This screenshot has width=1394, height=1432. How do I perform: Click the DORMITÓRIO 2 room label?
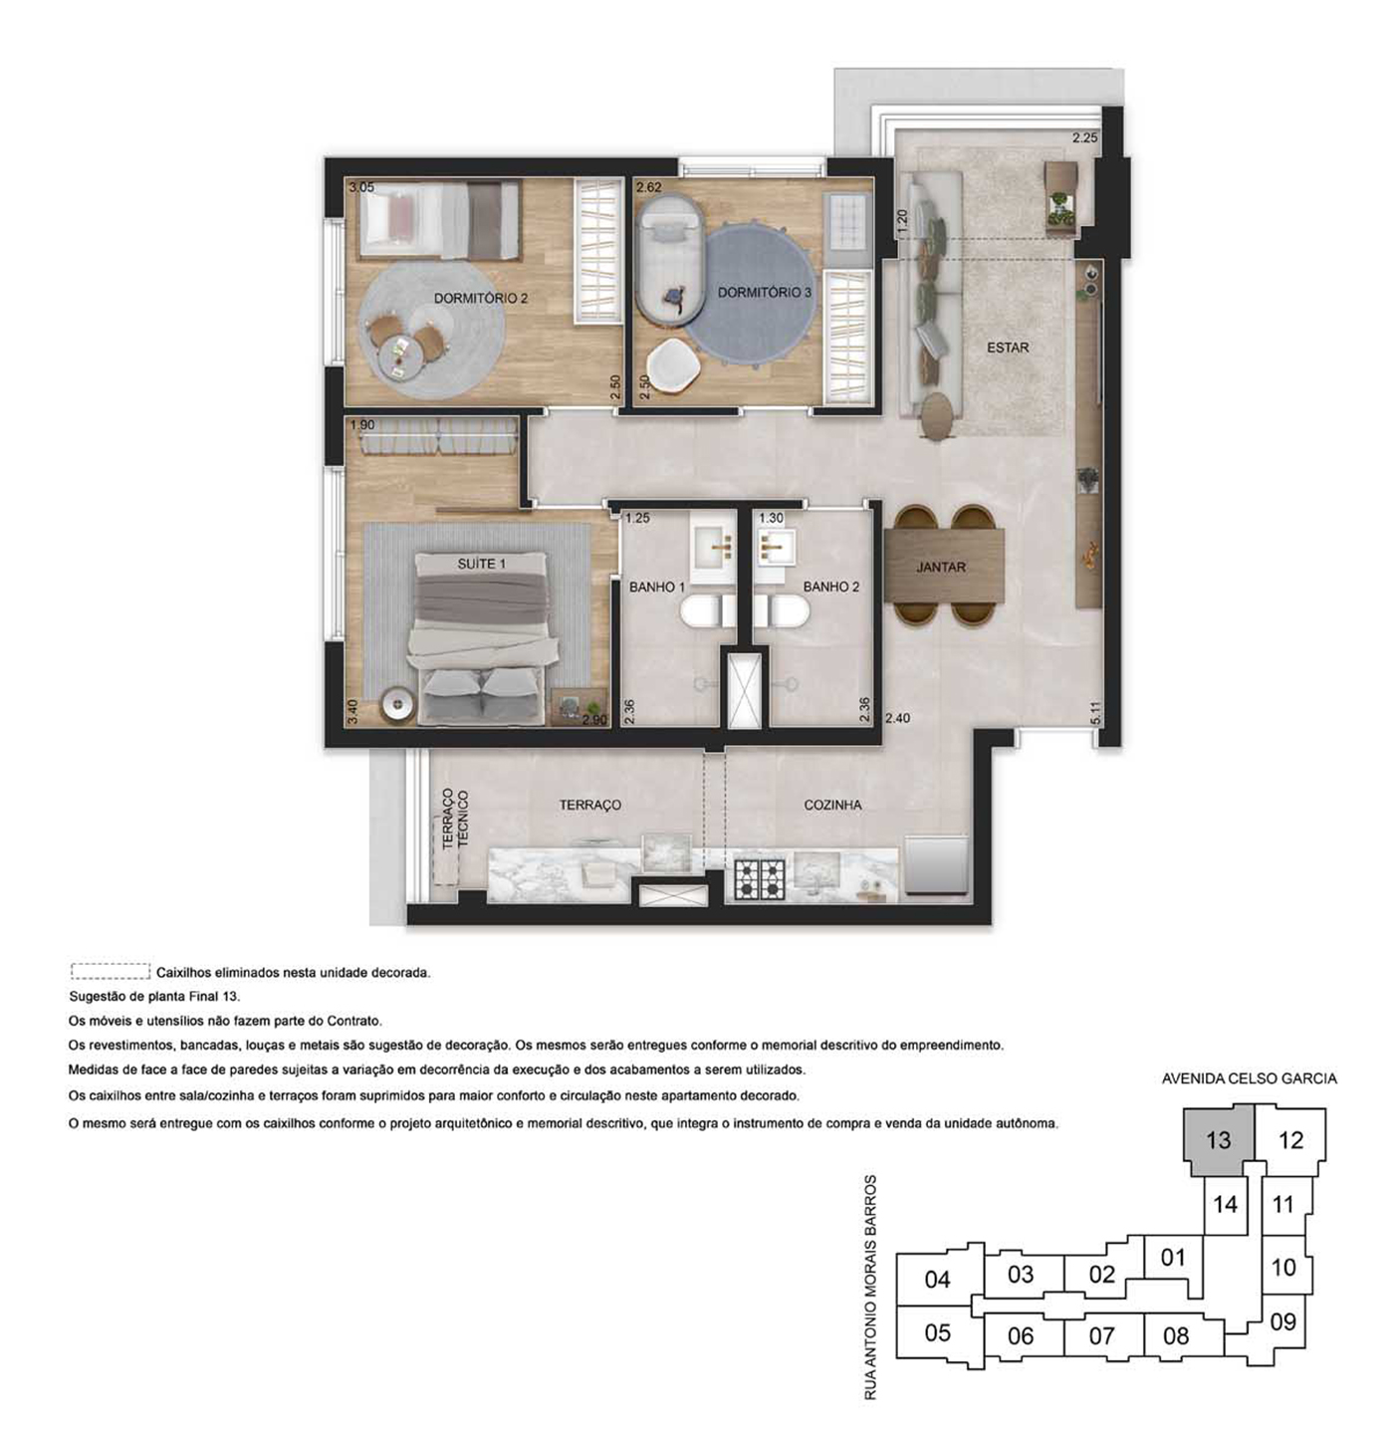480,299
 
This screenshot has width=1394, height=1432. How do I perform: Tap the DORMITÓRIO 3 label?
765,292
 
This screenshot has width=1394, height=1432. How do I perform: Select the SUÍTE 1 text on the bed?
481,564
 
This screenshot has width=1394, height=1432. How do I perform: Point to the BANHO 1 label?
657,588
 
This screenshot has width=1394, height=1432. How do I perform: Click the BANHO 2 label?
831,588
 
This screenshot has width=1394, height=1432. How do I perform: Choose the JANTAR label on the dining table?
941,568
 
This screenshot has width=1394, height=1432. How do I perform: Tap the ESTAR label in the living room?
1008,348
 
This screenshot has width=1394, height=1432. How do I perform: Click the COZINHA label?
832,805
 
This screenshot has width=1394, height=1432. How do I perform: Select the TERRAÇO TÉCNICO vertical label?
455,820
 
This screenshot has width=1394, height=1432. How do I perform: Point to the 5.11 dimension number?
1096,713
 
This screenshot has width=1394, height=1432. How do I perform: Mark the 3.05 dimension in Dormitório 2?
361,187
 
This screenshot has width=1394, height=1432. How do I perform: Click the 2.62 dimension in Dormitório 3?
649,187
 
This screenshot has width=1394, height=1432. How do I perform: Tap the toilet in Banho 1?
706,610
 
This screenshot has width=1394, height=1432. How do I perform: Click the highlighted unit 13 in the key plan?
1218,1140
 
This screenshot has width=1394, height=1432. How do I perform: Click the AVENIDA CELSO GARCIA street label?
1249,1078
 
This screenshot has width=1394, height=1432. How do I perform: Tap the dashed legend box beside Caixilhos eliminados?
111,971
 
